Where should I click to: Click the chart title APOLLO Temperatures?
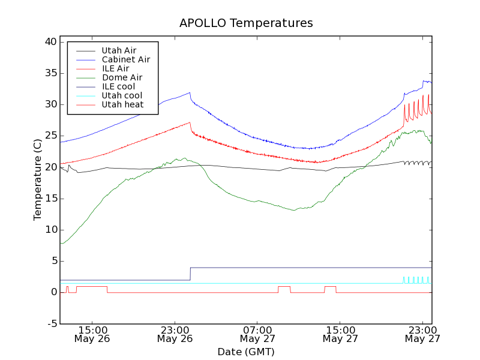(x=246, y=23)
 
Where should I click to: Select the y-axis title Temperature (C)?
(x=38, y=180)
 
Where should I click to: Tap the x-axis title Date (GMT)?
(x=246, y=351)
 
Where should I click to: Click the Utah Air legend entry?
(x=119, y=50)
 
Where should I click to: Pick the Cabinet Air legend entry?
(x=125, y=59)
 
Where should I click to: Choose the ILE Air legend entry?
(x=115, y=68)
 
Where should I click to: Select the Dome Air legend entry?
(x=122, y=77)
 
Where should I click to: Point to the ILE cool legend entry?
(x=118, y=86)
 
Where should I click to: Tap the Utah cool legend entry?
(x=122, y=95)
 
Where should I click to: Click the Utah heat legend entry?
(x=122, y=104)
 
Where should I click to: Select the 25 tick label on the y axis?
(x=50, y=136)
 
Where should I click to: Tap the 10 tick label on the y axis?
(x=50, y=230)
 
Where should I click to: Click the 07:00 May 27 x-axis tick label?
(x=257, y=334)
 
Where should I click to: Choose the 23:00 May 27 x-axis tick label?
(x=422, y=334)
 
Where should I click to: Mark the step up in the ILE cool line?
(x=190, y=274)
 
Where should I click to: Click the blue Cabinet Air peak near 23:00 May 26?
(x=190, y=93)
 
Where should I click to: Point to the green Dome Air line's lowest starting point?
(x=62, y=243)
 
